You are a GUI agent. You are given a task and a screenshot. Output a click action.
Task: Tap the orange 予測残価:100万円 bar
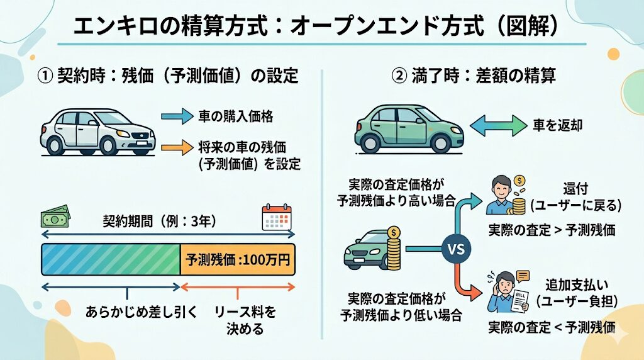[238, 259]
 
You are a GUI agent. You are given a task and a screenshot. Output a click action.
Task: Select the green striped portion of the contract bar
[111, 259]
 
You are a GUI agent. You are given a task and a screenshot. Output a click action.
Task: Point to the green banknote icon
[55, 218]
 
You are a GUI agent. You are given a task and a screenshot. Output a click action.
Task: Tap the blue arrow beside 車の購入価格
[180, 116]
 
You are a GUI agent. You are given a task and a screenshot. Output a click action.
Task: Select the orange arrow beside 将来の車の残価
[180, 149]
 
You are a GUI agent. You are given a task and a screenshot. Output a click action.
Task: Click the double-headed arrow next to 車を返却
[498, 125]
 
